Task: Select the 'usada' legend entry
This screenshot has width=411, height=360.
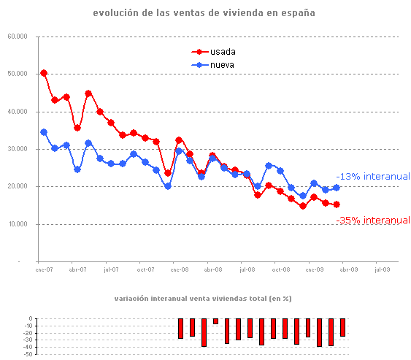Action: [222, 52]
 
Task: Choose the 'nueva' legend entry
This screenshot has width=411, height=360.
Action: [222, 65]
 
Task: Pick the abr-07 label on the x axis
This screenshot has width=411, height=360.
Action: [77, 269]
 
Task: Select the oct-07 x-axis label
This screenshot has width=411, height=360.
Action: [146, 269]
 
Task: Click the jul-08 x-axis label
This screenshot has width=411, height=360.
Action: [247, 269]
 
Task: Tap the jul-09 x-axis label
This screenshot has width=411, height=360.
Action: [383, 269]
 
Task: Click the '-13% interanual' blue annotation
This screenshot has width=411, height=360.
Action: [373, 176]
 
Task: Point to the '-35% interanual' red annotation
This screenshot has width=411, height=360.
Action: [373, 220]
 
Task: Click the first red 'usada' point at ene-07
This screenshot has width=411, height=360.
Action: [44, 73]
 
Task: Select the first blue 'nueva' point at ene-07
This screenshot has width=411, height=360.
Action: [44, 132]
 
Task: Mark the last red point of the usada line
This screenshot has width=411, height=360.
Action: [337, 204]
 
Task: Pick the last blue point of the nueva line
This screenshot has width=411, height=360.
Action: [337, 188]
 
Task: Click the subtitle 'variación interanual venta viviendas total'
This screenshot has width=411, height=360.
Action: [203, 299]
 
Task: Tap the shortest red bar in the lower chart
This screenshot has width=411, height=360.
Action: [215, 321]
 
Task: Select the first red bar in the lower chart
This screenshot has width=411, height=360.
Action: [181, 329]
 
